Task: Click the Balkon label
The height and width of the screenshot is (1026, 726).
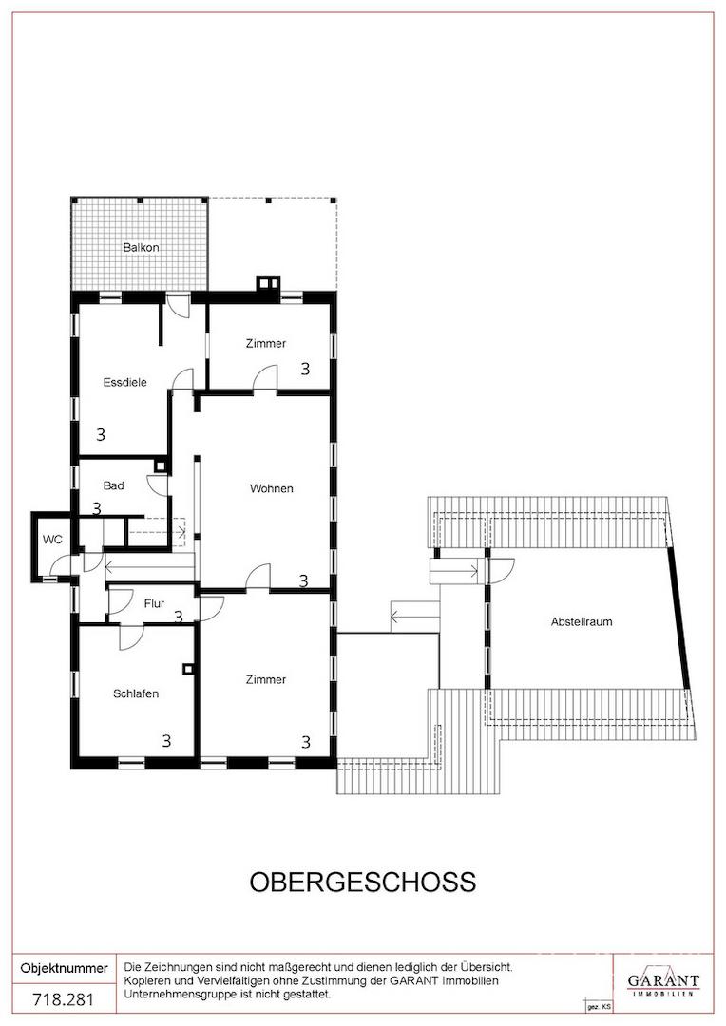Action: pos(141,247)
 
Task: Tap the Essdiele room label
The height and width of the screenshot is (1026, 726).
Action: pos(125,382)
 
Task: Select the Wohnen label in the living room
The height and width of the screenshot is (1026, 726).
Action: pos(271,488)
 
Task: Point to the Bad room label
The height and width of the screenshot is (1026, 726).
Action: pos(113,485)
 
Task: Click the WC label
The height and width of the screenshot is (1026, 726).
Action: pos(52,540)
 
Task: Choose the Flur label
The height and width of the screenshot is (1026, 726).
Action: pos(154,603)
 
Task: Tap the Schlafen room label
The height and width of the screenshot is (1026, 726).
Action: pos(136,693)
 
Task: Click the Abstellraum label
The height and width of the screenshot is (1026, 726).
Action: pos(582,621)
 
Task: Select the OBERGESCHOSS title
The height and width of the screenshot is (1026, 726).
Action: pos(363,882)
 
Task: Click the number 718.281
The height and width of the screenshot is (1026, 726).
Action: pos(64,999)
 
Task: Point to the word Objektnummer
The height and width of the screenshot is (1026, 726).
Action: pos(65,968)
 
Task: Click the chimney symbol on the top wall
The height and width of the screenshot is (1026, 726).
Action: pos(268,283)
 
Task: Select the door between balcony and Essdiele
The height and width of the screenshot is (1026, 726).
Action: pos(178,305)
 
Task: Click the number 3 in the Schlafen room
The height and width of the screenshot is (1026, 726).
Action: pos(167,740)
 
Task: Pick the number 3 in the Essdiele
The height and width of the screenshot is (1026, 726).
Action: pos(101,434)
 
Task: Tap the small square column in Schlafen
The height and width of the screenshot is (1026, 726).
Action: pos(188,669)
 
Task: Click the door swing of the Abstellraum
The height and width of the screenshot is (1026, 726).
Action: pos(502,571)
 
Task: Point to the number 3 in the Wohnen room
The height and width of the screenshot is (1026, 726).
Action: pos(303,580)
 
